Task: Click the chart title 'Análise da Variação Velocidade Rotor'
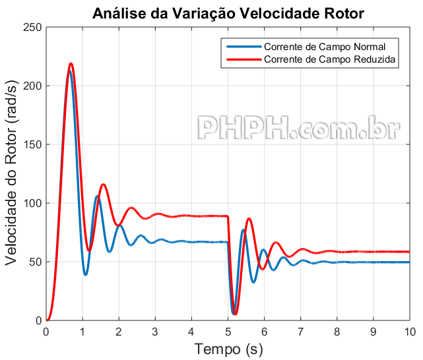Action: [x=228, y=13]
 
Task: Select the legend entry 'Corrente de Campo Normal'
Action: [x=324, y=47]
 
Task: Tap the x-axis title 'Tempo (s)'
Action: [x=227, y=348]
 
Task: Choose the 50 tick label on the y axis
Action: [x=34, y=262]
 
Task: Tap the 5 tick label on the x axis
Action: [x=228, y=331]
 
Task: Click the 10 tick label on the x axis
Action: [x=409, y=331]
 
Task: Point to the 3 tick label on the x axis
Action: [x=155, y=331]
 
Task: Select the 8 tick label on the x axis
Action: [x=337, y=331]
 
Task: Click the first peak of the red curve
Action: [x=71, y=64]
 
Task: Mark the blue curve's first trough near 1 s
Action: [x=86, y=274]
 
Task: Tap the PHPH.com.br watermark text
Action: [x=299, y=128]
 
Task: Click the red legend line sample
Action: [x=243, y=59]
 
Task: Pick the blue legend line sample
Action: [x=243, y=47]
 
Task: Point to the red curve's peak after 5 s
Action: [x=249, y=218]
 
